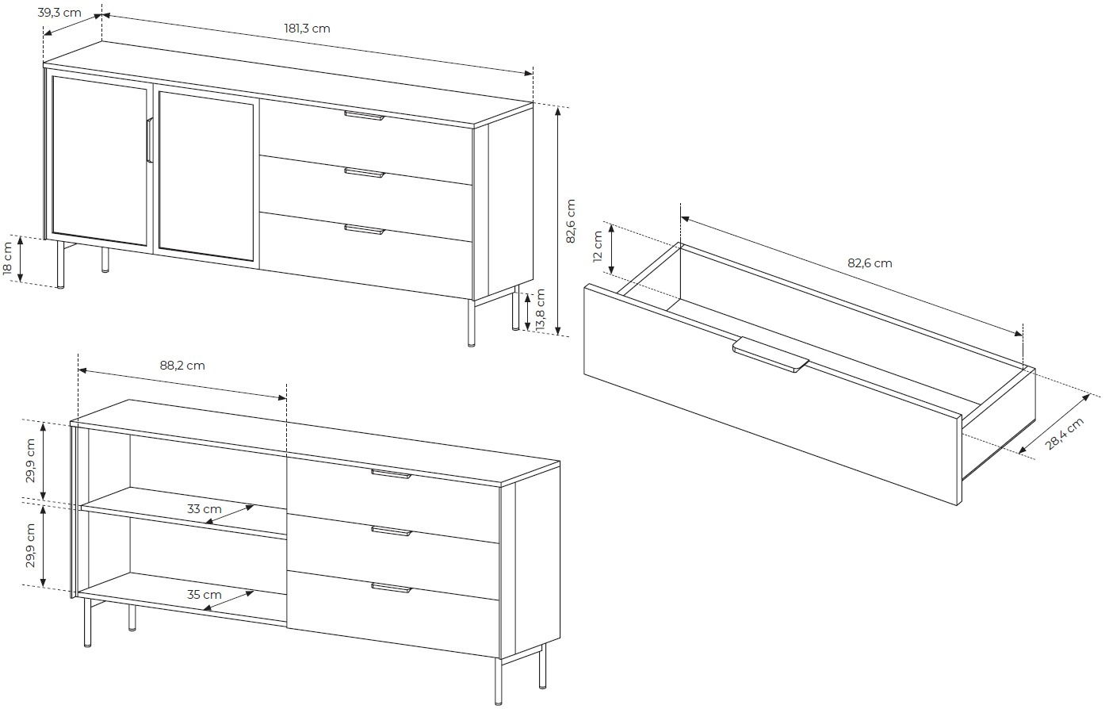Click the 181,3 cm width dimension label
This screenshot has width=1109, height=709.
[307, 29]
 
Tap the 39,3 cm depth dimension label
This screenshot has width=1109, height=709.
[59, 13]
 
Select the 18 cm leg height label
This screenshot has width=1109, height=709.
[8, 259]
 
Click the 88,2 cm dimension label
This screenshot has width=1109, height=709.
[182, 366]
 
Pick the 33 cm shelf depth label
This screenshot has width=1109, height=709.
[205, 509]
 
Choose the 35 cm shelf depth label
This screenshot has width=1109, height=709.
[205, 594]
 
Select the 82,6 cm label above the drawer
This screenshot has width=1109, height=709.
[870, 263]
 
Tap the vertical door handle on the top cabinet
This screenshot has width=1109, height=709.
[148, 140]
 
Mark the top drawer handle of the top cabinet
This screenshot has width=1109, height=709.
[364, 116]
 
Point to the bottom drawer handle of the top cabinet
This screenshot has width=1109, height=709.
[364, 230]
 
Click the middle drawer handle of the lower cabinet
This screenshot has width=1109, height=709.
[392, 531]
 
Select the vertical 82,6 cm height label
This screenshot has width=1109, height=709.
[571, 221]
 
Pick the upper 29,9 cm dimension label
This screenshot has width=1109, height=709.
[31, 461]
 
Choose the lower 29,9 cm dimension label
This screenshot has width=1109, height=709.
[31, 546]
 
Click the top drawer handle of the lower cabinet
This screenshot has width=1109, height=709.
[392, 474]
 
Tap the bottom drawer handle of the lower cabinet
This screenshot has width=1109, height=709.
[392, 588]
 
